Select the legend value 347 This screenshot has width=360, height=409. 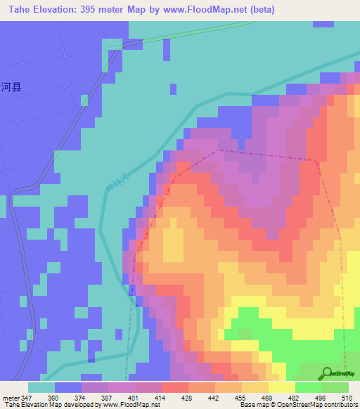[27, 397]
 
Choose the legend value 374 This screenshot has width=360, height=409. [81, 397]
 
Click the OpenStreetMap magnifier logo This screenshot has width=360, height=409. [327, 374]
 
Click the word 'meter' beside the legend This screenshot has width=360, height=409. [10, 397]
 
